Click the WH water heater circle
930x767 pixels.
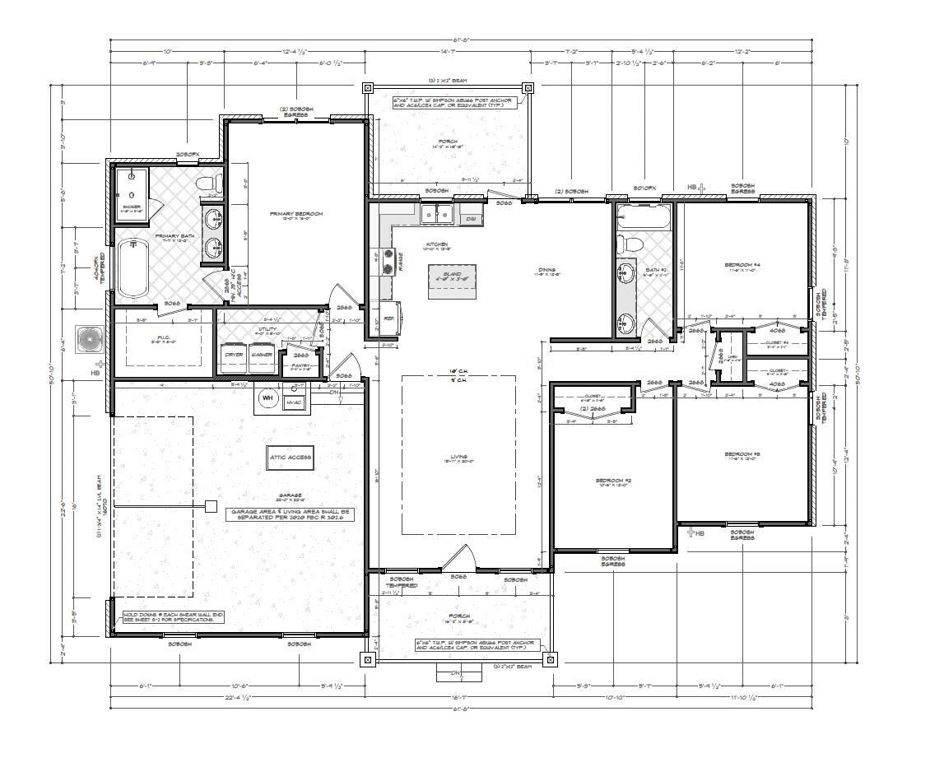point(267,398)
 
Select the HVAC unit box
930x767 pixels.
point(294,402)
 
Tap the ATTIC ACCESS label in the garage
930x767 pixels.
point(291,457)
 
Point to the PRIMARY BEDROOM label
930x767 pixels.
point(296,214)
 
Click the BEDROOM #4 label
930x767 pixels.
point(742,265)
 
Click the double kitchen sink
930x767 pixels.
point(435,216)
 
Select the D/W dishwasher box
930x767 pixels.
point(470,219)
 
